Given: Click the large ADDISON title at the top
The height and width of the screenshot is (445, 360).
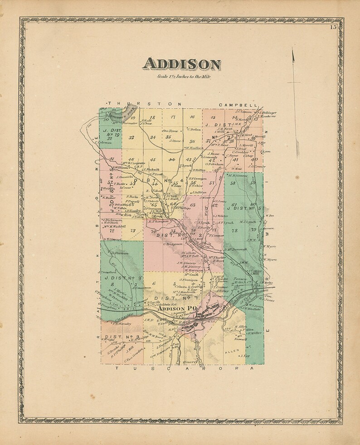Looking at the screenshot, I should pos(182,64).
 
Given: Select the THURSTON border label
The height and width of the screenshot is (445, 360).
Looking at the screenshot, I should pos(143,104).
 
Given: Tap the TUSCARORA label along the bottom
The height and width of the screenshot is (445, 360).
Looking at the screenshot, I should pos(181,369).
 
